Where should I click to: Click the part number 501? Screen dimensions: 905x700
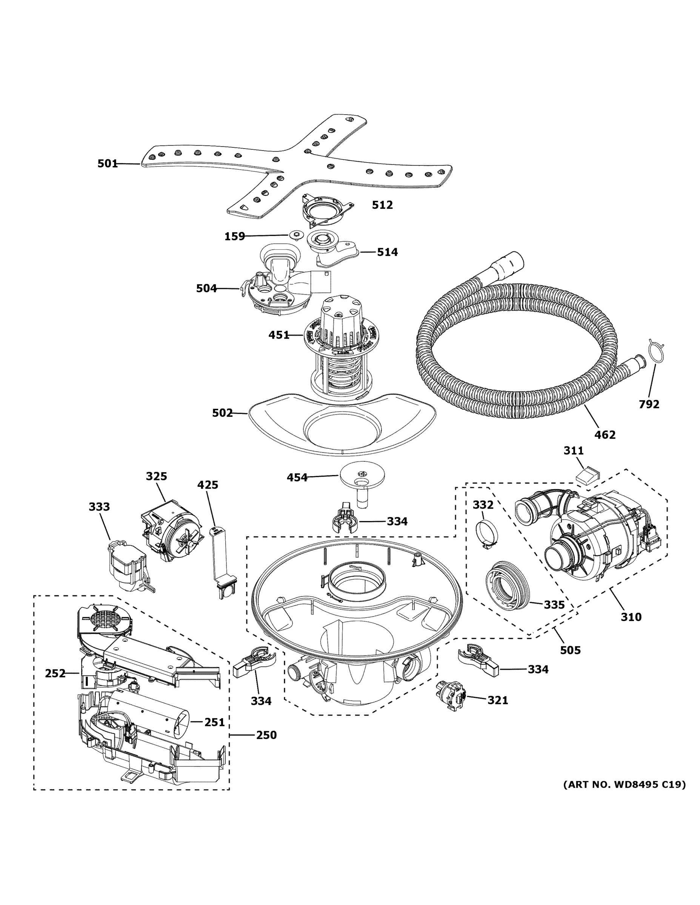[108, 164]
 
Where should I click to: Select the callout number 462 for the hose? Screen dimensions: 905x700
[605, 435]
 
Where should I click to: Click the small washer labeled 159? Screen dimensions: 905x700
[295, 235]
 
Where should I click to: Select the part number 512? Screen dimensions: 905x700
[382, 205]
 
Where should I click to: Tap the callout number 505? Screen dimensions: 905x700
[570, 650]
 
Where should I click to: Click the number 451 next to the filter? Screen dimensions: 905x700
[278, 335]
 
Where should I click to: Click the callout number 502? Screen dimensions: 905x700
[222, 413]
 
